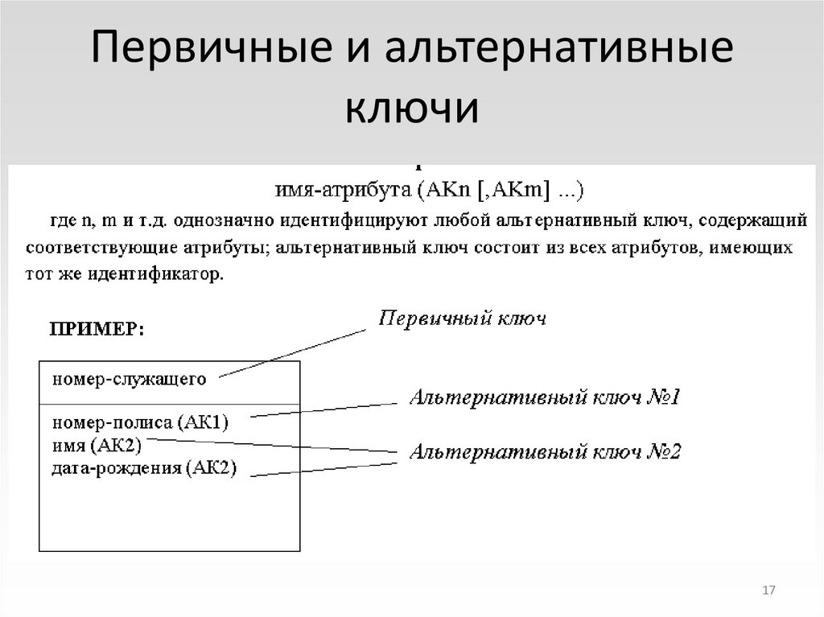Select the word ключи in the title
point(412,109)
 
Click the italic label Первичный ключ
point(462,319)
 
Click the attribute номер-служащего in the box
point(130,378)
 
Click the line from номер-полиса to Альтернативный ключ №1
point(322,409)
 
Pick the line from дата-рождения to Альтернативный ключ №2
point(322,471)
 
